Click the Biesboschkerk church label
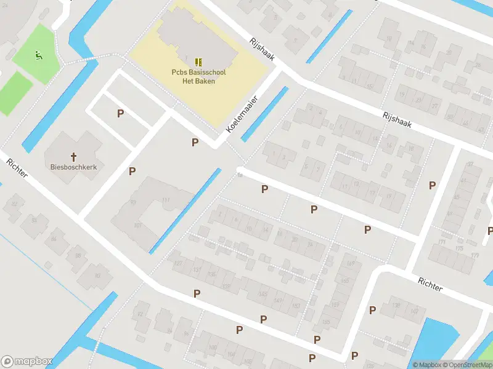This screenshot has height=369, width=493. (74, 166)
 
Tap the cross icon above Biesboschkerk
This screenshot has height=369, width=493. (74, 157)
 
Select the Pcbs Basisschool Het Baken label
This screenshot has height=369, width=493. (198, 77)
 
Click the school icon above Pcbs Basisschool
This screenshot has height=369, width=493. (198, 62)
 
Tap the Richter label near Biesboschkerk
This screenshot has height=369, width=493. (17, 168)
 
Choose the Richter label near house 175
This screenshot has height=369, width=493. (430, 284)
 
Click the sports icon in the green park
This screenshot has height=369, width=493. (38, 56)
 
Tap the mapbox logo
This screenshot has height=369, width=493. (27, 362)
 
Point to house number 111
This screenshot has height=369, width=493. (165, 200)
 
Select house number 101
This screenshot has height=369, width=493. (137, 225)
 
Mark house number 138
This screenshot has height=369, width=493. (396, 306)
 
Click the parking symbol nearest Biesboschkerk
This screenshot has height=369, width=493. (132, 171)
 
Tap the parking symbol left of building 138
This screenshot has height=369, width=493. (372, 311)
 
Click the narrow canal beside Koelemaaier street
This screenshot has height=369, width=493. (265, 114)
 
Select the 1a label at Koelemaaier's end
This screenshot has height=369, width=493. (240, 175)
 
